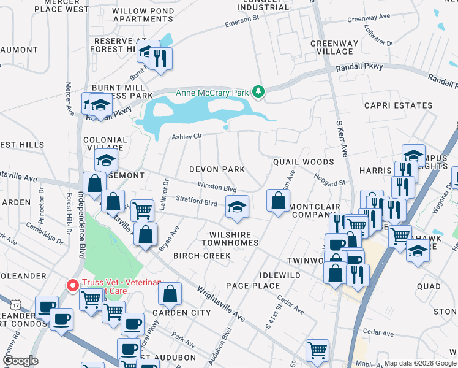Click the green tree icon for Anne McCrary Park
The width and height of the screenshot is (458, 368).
click(x=259, y=93)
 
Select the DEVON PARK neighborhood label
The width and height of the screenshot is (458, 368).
click(x=217, y=169)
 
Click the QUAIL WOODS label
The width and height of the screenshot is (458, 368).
click(x=303, y=162)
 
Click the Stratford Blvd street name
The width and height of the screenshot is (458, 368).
click(x=197, y=201)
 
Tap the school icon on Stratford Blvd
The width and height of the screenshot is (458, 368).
click(x=238, y=206)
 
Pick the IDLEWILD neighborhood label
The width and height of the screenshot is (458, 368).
click(x=280, y=275)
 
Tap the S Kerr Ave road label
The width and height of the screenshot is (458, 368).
click(x=341, y=139)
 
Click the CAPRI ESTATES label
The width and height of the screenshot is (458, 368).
click(x=398, y=105)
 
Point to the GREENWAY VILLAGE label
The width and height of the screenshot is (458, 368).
click(x=332, y=48)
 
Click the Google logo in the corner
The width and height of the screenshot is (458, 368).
click(x=20, y=361)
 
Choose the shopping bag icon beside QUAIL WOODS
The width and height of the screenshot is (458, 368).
click(x=279, y=200)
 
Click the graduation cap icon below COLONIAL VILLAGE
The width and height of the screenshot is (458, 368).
click(x=107, y=161)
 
